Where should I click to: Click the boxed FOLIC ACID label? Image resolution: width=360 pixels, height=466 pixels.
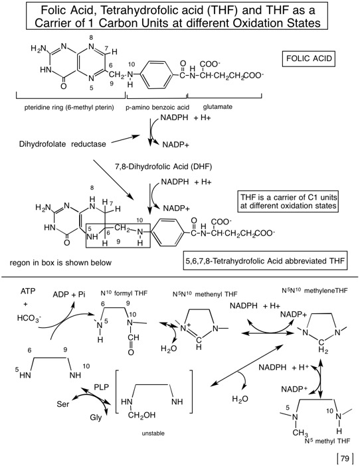pos(309,58)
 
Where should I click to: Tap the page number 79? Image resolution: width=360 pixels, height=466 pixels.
pos(345,458)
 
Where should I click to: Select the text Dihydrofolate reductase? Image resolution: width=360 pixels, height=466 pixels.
pos(62,144)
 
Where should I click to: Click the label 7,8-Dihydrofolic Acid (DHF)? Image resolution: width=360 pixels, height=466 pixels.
pos(163,167)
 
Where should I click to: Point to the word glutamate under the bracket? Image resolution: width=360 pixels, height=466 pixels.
pos(218,107)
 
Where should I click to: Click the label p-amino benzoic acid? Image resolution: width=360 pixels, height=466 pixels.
pos(157,108)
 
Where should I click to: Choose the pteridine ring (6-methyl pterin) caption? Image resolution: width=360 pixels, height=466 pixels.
pos(69,108)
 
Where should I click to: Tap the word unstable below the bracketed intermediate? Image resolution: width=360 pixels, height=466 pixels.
pos(153,433)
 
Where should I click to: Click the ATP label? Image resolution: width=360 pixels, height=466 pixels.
pos(28,291)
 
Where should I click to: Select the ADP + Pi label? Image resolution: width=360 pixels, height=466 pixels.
pos(69,295)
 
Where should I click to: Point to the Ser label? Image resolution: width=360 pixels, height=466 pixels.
pos(62,404)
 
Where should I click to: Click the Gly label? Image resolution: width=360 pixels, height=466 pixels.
pos(96,418)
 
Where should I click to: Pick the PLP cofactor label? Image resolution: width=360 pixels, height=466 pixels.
pos(102,387)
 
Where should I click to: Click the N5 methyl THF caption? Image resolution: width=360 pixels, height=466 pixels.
pos(327,441)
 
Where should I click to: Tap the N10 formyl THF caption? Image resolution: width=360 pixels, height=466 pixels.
pos(124,293)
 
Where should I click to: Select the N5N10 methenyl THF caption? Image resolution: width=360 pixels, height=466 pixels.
pos(205,294)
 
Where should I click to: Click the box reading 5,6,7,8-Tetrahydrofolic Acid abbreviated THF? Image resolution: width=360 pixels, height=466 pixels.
pos(265,262)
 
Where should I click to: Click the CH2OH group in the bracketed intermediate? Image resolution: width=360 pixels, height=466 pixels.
pos(141,415)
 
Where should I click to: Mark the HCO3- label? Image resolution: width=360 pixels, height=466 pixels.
pos(29,318)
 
